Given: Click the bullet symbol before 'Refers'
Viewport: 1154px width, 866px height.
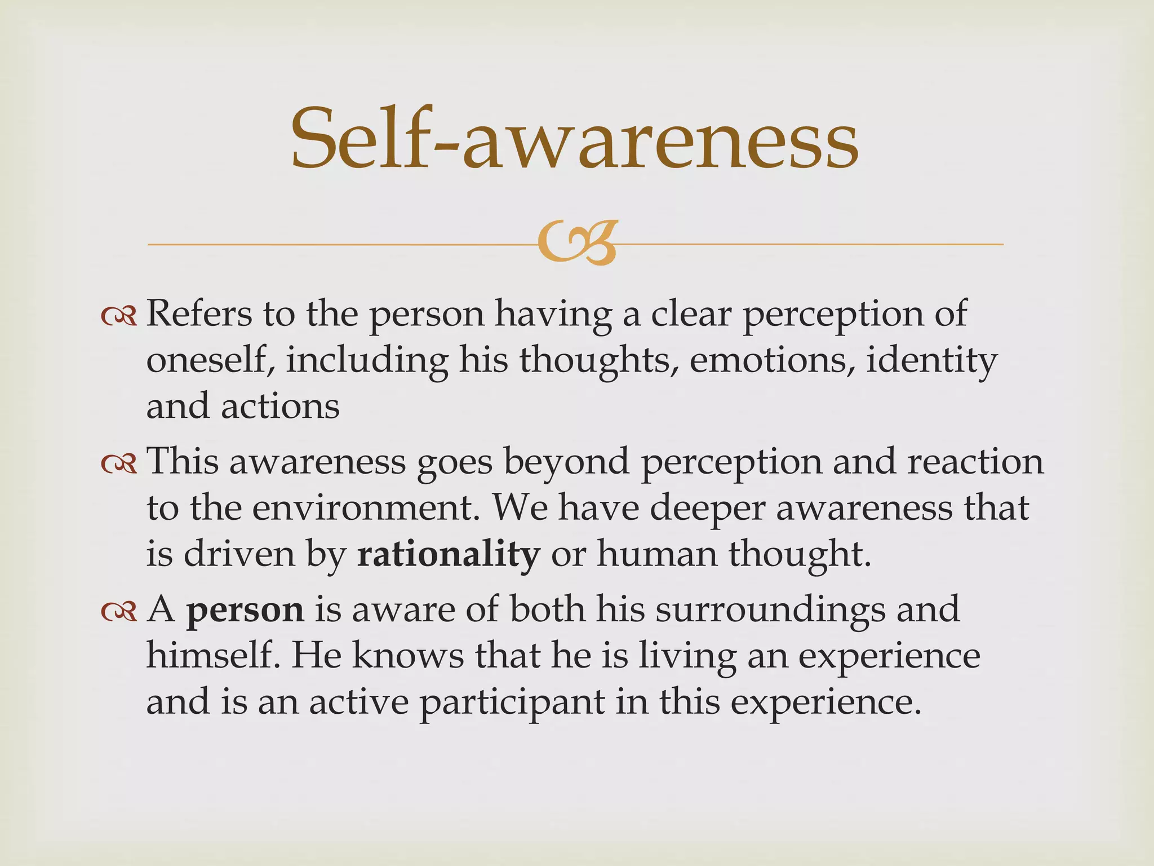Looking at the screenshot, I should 119,317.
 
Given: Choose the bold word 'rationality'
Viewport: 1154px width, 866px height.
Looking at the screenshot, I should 448,554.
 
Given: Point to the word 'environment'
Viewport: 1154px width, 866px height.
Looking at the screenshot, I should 361,508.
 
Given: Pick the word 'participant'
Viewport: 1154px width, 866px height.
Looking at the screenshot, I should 512,703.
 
